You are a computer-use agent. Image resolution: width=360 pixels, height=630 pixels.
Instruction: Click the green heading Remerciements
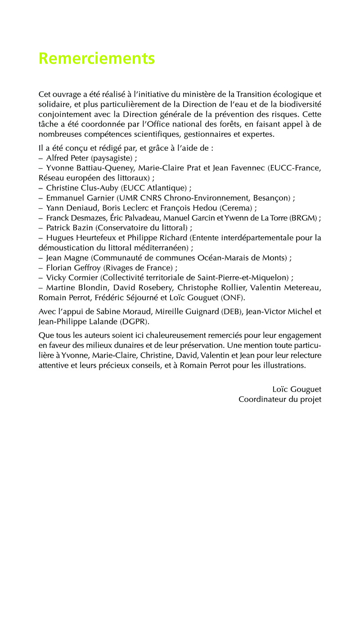pos(97,58)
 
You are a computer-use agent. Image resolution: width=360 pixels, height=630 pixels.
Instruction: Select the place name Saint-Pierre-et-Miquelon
pos(245,277)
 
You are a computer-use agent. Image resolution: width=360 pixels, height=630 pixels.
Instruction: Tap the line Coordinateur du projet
pos(279,399)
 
